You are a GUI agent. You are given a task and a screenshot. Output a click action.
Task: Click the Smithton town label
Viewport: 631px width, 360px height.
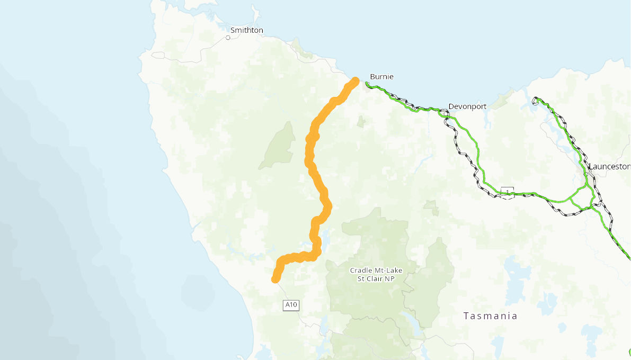click(x=246, y=30)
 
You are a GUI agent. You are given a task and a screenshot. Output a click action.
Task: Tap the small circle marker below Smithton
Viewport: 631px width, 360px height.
click(x=228, y=38)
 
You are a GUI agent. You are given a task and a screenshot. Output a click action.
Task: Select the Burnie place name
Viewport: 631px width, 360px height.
click(x=381, y=76)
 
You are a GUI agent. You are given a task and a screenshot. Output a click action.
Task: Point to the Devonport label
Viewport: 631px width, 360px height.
click(x=467, y=106)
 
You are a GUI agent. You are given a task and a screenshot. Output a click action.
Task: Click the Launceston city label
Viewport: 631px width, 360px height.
click(x=609, y=166)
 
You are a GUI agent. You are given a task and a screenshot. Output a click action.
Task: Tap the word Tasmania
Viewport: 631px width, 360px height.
click(x=490, y=316)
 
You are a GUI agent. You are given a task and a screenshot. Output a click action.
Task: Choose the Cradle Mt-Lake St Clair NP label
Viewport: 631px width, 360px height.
click(x=376, y=274)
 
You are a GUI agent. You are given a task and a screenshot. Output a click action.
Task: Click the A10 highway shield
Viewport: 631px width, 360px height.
click(x=291, y=305)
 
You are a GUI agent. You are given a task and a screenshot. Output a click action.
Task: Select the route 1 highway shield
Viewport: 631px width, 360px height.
click(x=508, y=191)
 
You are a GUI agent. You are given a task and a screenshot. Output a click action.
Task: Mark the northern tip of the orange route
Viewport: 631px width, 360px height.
click(x=355, y=80)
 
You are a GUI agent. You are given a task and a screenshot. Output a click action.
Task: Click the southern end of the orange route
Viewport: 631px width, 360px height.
click(x=275, y=279)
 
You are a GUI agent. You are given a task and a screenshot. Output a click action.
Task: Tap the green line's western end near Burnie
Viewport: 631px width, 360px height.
click(x=367, y=83)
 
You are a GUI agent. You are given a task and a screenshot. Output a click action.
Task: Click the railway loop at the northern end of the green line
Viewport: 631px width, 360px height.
click(x=536, y=100)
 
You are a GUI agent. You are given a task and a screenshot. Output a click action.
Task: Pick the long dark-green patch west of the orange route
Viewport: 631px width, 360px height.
click(x=279, y=146)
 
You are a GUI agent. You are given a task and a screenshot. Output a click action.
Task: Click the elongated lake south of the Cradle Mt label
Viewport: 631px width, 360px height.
click(x=411, y=320)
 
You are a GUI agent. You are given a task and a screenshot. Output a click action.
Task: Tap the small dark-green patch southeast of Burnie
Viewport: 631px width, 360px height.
click(x=361, y=122)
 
